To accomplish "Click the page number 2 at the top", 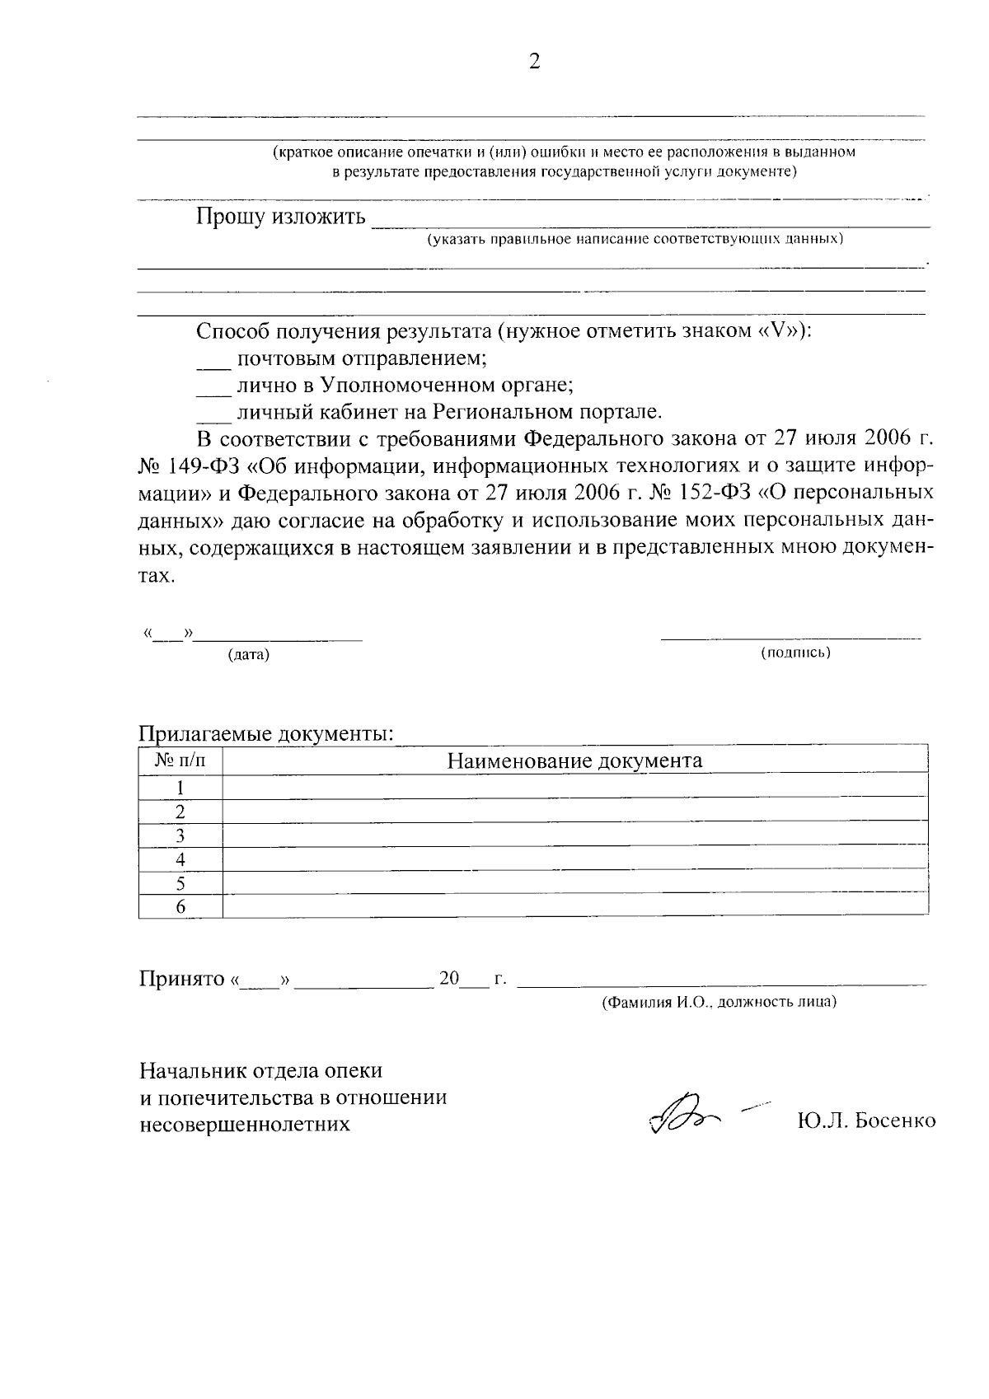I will [534, 63].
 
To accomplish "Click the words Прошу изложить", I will [280, 218].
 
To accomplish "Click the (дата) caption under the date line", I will [249, 655].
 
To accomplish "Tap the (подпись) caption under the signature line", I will [794, 653].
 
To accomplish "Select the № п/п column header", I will [180, 760].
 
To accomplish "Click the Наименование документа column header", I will [574, 760].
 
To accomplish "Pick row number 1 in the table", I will [180, 787].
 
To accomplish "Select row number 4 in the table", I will [180, 859].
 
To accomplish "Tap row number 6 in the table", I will [180, 907].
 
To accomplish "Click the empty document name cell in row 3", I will [574, 835].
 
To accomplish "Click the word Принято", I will [181, 979].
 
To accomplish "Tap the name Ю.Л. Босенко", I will [866, 1121].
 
